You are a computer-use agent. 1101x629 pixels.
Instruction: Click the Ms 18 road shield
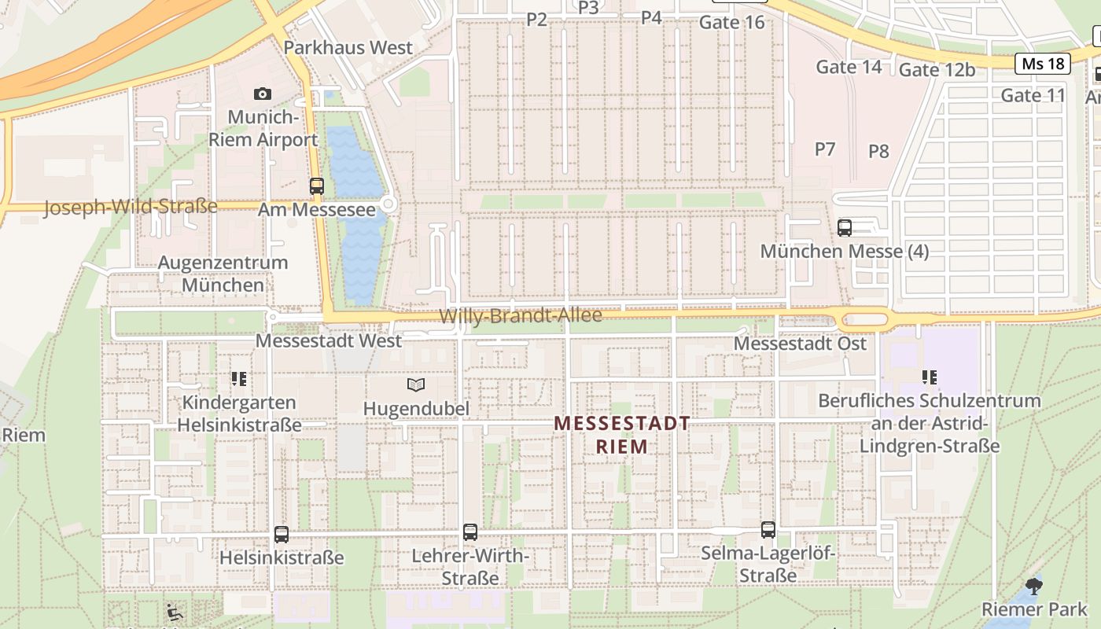point(1043,64)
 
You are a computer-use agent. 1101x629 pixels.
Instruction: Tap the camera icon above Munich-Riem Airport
point(263,94)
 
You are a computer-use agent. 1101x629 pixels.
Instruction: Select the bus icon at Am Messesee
point(317,186)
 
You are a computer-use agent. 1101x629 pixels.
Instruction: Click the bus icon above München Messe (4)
point(845,228)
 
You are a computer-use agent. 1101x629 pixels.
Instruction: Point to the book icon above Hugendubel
point(416,384)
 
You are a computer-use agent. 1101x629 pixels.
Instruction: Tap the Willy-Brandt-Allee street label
point(521,316)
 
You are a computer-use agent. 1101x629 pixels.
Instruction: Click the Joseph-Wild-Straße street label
point(131,208)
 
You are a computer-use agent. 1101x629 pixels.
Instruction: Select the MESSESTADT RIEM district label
point(622,435)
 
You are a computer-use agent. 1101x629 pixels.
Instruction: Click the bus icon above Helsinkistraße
point(282,535)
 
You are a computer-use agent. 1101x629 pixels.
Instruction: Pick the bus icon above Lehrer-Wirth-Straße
point(470,532)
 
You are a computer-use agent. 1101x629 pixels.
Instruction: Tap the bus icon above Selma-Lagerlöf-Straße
point(768,530)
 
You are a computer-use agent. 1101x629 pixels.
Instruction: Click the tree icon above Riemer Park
point(1034,586)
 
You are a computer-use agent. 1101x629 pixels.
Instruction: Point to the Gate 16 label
point(731,22)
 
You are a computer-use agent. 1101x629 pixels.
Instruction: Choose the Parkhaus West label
point(348,47)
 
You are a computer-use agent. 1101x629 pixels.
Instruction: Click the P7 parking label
point(824,149)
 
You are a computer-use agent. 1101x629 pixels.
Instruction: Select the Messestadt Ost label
point(800,344)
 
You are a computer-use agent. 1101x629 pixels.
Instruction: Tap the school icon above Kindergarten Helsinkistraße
point(239,379)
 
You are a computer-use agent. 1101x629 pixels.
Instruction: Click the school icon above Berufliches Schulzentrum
point(930,377)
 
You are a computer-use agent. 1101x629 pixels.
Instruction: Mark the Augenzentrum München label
point(223,274)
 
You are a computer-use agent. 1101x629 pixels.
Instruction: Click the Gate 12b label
point(937,70)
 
